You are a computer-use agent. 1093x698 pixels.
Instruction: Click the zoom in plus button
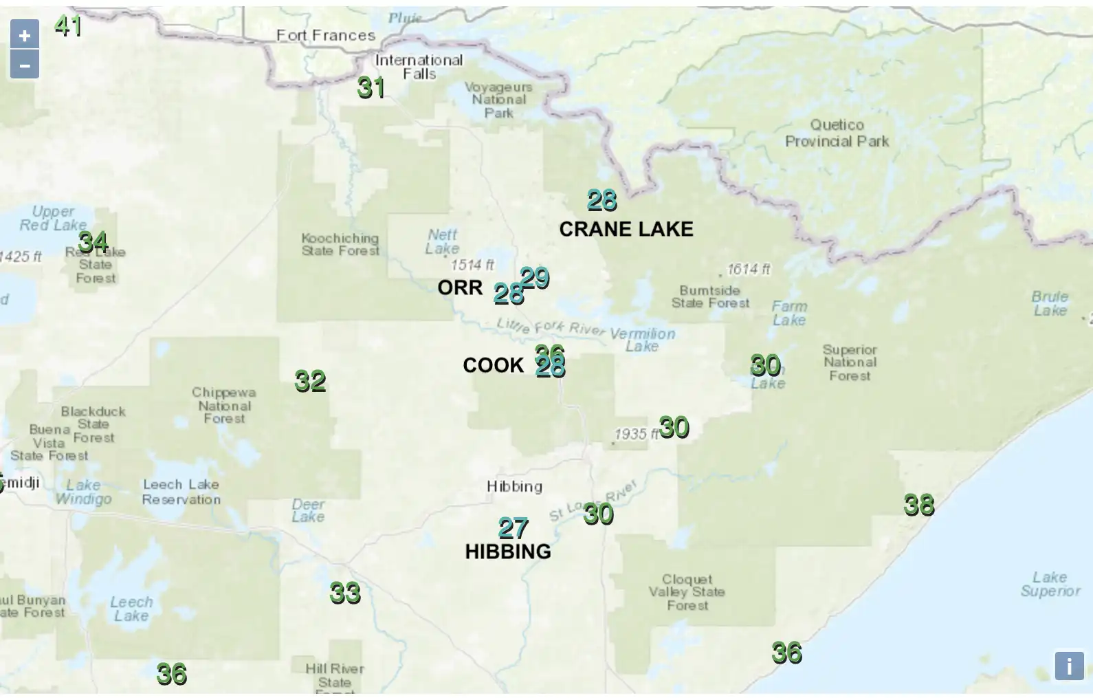tap(25, 34)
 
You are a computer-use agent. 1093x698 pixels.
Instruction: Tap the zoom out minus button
tap(25, 65)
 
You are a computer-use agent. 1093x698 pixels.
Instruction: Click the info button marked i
tap(1069, 666)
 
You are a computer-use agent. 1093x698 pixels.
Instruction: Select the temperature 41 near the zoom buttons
tap(69, 26)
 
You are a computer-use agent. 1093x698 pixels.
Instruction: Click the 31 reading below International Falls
tap(371, 88)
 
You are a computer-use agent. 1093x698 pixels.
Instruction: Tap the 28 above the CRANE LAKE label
tap(602, 201)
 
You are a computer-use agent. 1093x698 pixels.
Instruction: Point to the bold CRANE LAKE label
tap(626, 229)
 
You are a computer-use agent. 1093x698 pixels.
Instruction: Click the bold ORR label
tap(460, 287)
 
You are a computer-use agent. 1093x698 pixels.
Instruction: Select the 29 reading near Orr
tap(536, 278)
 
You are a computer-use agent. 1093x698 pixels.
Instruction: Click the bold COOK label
tap(493, 365)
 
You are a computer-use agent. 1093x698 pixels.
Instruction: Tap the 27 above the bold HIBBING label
tap(514, 528)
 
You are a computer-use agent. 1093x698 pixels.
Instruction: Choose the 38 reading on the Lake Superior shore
tap(919, 505)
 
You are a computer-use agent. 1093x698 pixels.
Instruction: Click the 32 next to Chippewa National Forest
tap(310, 381)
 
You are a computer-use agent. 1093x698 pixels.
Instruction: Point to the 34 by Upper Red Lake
tap(93, 242)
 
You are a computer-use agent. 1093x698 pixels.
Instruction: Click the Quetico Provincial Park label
tap(837, 133)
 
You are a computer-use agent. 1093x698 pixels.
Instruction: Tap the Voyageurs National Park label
tap(498, 100)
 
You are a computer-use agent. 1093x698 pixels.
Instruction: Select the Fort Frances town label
tap(326, 35)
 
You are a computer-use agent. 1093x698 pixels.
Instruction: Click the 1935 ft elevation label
tap(635, 434)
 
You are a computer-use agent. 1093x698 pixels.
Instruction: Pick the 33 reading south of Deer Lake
tap(345, 593)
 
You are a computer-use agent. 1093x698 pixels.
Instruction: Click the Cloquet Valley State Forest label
tap(687, 592)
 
